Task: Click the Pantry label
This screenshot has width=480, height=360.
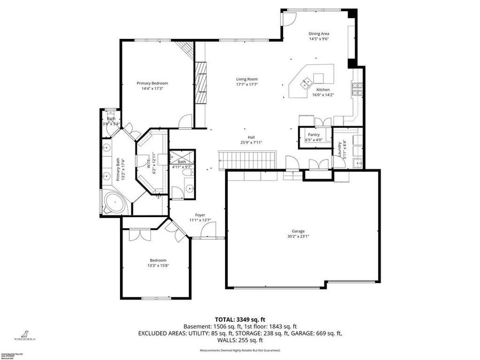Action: tap(314, 134)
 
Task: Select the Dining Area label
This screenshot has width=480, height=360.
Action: tap(319, 34)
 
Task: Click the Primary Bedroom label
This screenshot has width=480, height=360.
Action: tap(152, 83)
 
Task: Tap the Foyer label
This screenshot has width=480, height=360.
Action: tap(200, 215)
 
